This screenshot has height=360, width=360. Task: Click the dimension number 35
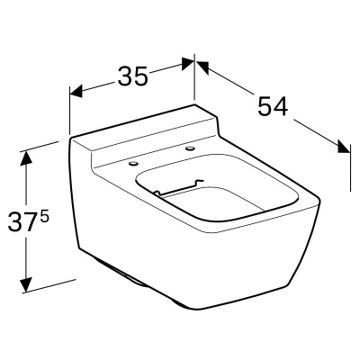click(133, 76)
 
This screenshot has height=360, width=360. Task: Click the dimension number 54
click(273, 106)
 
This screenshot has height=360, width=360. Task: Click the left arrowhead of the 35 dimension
click(76, 91)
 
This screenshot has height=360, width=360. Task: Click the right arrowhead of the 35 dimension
click(187, 63)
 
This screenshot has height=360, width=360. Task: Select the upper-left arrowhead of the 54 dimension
click(202, 67)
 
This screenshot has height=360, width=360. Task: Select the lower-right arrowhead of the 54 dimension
click(344, 147)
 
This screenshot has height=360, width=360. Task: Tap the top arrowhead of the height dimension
click(26, 157)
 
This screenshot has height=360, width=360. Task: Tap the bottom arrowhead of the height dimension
click(26, 284)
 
